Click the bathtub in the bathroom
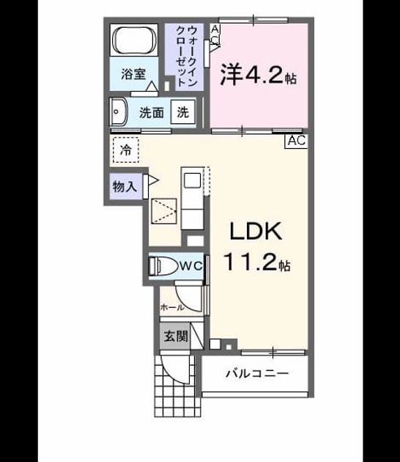(x=134, y=40)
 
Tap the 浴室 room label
(x=133, y=74)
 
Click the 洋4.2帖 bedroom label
(x=259, y=74)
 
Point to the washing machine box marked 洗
(x=182, y=112)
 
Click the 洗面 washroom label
(x=152, y=112)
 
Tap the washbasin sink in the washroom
(x=119, y=112)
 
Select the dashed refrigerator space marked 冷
(x=126, y=150)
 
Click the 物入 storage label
(x=125, y=186)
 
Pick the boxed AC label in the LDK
(x=297, y=141)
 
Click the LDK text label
(x=256, y=231)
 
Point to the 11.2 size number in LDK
(x=251, y=262)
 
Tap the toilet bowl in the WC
(x=163, y=266)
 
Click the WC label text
(x=191, y=266)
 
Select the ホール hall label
(x=172, y=307)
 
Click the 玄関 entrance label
(x=176, y=336)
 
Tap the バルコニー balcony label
(x=257, y=374)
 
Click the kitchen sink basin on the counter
(x=192, y=180)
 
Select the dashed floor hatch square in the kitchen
(x=164, y=211)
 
